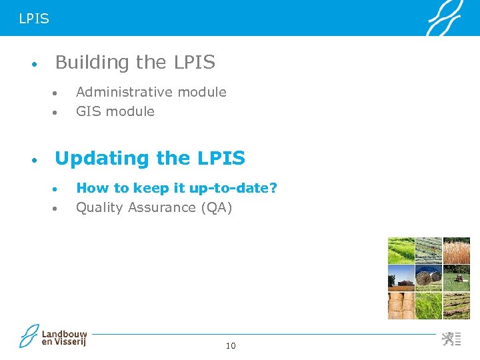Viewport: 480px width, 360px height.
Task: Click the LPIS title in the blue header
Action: click(x=34, y=19)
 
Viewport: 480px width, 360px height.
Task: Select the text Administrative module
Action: click(x=151, y=92)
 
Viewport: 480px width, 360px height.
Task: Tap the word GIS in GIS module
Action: click(x=87, y=111)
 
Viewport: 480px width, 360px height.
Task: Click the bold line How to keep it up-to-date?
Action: click(x=176, y=188)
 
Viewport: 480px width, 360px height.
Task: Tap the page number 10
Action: click(x=231, y=345)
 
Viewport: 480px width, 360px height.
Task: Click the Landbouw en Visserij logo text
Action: click(x=64, y=337)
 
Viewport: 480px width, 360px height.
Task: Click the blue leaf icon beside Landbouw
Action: click(x=29, y=336)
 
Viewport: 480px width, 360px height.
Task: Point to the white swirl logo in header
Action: click(x=443, y=18)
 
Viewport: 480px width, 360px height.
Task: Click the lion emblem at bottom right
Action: click(x=450, y=339)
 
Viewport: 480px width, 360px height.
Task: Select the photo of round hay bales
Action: click(x=429, y=277)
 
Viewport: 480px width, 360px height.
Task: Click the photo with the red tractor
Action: click(x=457, y=277)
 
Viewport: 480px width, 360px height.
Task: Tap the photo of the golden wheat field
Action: click(x=457, y=251)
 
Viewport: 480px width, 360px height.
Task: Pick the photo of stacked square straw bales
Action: click(x=401, y=305)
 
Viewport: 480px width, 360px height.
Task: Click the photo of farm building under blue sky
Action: click(x=401, y=277)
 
